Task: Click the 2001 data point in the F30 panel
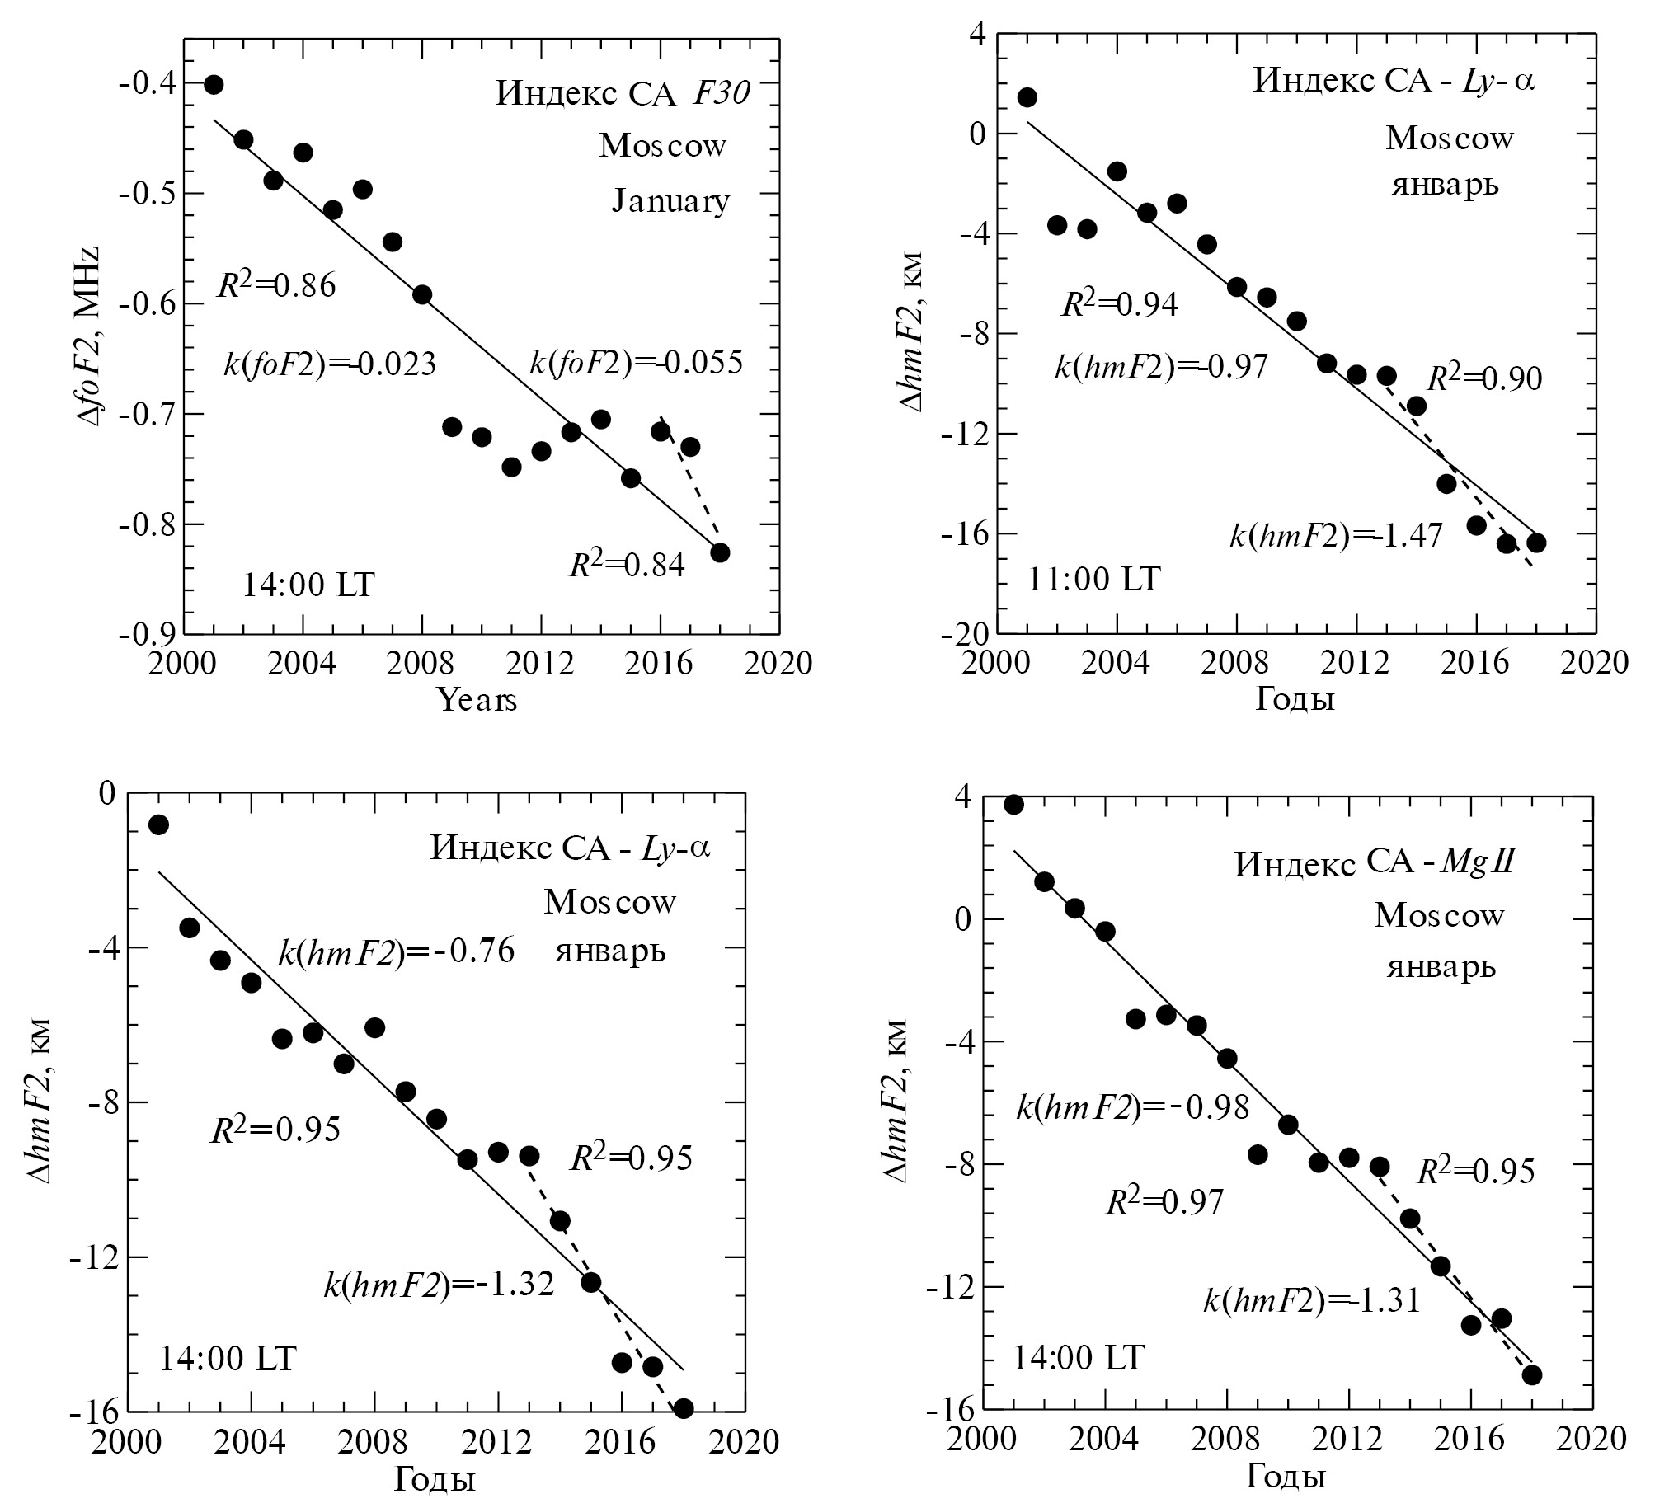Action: [214, 84]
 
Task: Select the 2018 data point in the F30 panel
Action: [720, 552]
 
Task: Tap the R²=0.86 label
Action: [276, 284]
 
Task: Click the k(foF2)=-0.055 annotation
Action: [636, 363]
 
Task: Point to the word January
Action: [670, 201]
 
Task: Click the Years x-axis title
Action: [477, 700]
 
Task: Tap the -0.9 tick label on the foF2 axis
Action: [147, 634]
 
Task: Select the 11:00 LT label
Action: [1093, 580]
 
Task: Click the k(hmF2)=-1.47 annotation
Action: [1336, 536]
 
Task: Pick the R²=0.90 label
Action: [1485, 378]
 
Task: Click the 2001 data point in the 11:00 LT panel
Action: [1027, 97]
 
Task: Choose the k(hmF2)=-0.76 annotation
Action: [396, 951]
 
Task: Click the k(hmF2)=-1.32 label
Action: [439, 1285]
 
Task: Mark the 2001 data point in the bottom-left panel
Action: [158, 824]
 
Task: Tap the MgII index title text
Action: [1375, 863]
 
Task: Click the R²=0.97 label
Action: [1165, 1201]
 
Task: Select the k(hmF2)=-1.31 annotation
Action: [1311, 1301]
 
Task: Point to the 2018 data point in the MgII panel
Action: [1531, 1374]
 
